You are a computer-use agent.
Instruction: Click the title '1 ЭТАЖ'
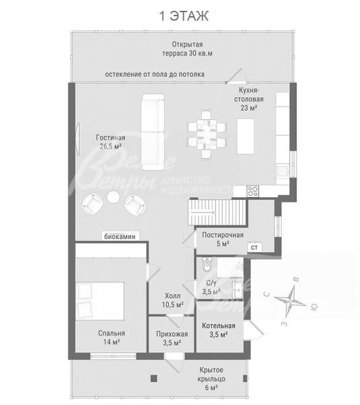click(184, 16)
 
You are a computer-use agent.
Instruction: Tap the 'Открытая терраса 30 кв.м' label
click(187, 49)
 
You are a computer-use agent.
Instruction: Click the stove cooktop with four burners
click(253, 192)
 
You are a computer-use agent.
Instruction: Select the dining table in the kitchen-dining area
click(207, 134)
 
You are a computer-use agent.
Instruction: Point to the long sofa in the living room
click(153, 132)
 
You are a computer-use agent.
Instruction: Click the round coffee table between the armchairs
click(113, 197)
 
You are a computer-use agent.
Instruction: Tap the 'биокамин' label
click(120, 236)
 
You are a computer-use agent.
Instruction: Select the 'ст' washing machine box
click(255, 248)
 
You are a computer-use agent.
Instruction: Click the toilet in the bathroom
click(207, 265)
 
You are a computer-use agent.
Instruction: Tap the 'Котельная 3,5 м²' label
click(219, 330)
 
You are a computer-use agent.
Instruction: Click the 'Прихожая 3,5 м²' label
click(172, 338)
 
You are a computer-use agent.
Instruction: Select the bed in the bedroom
click(100, 301)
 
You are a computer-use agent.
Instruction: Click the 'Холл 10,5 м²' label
click(173, 300)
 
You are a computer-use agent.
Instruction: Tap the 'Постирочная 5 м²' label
click(222, 239)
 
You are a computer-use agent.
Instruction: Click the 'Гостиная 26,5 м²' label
click(111, 142)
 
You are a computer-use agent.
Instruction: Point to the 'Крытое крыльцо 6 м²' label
click(211, 379)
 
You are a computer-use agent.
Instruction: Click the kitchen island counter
click(245, 136)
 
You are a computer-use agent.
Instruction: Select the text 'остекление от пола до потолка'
click(155, 74)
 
